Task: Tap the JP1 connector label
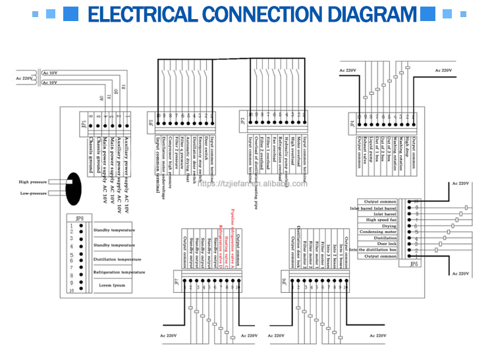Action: click(84, 123)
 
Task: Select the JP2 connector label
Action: click(151, 122)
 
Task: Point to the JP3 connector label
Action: click(243, 122)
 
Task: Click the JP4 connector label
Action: click(353, 122)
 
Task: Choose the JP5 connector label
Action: click(414, 263)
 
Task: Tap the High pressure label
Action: click(32, 182)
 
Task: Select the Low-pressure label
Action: click(33, 193)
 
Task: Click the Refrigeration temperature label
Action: click(119, 272)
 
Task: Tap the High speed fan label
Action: click(381, 220)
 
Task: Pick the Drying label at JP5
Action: click(389, 226)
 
